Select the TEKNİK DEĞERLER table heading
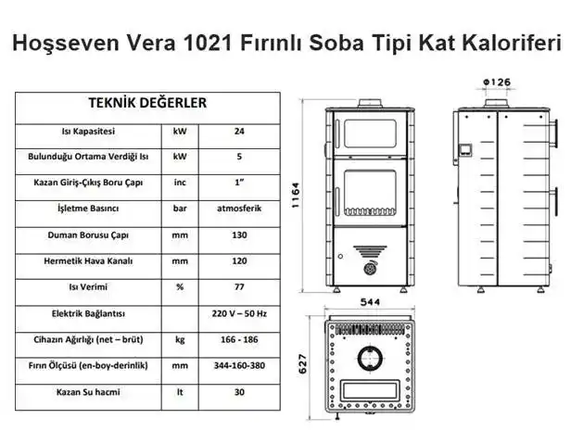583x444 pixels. (x=147, y=103)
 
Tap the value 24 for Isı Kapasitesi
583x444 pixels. (x=239, y=132)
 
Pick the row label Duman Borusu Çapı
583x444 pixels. (x=88, y=235)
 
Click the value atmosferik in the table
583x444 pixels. (x=239, y=209)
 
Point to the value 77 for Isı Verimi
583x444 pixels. (x=239, y=287)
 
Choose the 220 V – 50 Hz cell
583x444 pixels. (x=239, y=314)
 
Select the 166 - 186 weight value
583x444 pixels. (x=239, y=340)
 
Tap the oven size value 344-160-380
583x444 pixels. (x=239, y=366)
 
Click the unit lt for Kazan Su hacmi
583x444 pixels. (x=180, y=392)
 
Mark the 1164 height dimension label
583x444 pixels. (x=296, y=196)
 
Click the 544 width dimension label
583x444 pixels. (x=370, y=302)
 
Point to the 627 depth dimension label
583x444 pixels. (x=303, y=364)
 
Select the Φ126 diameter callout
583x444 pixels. (x=497, y=82)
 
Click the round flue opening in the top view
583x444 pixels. (x=370, y=358)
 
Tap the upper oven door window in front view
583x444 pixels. (x=370, y=133)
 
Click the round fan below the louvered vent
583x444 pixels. (x=370, y=268)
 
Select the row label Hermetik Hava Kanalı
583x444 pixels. (x=88, y=261)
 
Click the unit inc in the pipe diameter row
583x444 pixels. (x=180, y=183)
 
